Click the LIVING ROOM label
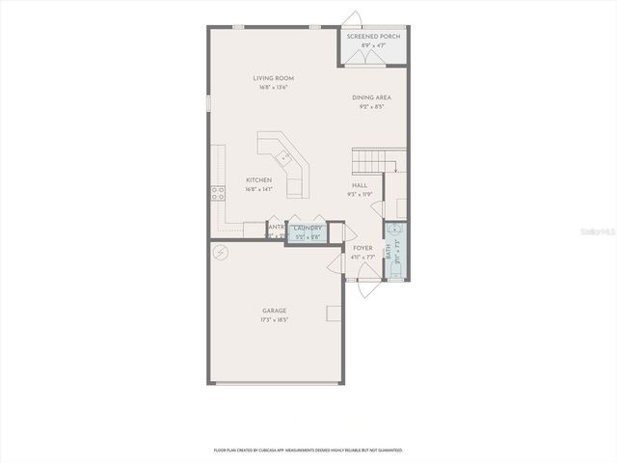pos(273,78)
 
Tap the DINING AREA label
pos(370,97)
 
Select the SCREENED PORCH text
pos(373,36)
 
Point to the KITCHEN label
pos(258,179)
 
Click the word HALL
pos(359,185)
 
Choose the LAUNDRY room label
pos(307,228)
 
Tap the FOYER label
pos(362,248)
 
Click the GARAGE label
pos(274,311)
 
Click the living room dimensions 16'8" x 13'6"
pos(273,88)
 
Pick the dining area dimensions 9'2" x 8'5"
pos(370,107)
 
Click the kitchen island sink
pos(283,157)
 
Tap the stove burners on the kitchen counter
pos(220,190)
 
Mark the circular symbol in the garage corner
pos(221,252)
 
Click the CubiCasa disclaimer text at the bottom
pos(308,449)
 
